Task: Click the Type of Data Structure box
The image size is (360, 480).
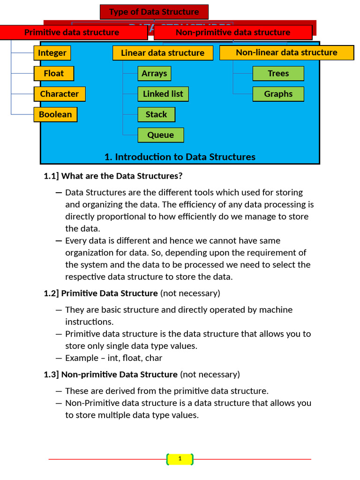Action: pyautogui.click(x=154, y=12)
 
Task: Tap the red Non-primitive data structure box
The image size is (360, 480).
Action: pyautogui.click(x=233, y=32)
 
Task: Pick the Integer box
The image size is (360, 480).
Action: pyautogui.click(x=52, y=53)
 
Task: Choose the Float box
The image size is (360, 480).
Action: pyautogui.click(x=54, y=74)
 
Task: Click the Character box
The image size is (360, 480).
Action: pyautogui.click(x=60, y=94)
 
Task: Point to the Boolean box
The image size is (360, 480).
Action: pyautogui.click(x=55, y=114)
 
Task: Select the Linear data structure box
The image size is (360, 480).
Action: pyautogui.click(x=163, y=53)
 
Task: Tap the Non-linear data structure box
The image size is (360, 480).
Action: pyautogui.click(x=286, y=52)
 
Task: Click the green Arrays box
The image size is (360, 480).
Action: pyautogui.click(x=154, y=74)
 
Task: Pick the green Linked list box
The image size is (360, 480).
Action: pyautogui.click(x=163, y=94)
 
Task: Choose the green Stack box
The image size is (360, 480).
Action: pyautogui.click(x=156, y=114)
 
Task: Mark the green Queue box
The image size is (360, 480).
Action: pyautogui.click(x=160, y=135)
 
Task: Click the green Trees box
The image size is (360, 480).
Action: pyautogui.click(x=278, y=74)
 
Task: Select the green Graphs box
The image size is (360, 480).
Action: pyautogui.click(x=278, y=94)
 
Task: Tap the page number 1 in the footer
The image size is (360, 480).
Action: pyautogui.click(x=180, y=459)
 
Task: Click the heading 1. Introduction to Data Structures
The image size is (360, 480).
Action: pyautogui.click(x=180, y=157)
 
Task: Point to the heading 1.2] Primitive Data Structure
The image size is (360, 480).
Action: pyautogui.click(x=101, y=293)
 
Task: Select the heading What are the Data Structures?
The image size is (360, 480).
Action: pyautogui.click(x=121, y=176)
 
